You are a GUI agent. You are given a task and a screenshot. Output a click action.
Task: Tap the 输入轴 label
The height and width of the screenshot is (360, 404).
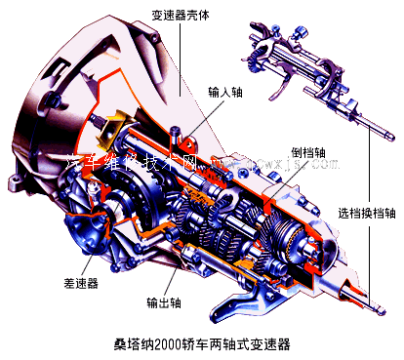click(226, 95)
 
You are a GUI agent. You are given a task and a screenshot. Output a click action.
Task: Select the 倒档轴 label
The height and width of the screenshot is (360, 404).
click(309, 152)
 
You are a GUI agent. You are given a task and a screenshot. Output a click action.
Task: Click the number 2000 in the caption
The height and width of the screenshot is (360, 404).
click(174, 343)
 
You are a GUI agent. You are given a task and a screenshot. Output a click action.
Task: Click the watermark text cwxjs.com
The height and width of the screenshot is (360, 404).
click(293, 163)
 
